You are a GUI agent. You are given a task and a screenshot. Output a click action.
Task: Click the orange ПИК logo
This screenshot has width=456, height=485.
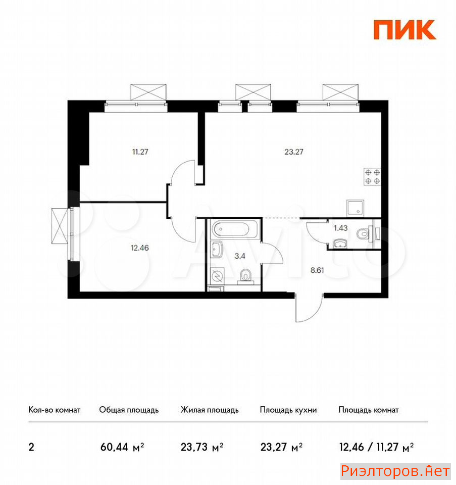(404, 30)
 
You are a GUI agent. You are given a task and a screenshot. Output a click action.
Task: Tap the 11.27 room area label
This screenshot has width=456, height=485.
(140, 152)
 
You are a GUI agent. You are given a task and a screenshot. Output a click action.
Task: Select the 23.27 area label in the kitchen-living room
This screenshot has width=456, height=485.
(294, 152)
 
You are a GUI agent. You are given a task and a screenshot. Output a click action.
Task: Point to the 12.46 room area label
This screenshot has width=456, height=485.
(140, 248)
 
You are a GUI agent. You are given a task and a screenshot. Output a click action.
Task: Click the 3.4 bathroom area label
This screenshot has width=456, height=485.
(240, 256)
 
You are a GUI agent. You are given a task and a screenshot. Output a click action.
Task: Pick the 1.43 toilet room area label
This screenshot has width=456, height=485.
(341, 228)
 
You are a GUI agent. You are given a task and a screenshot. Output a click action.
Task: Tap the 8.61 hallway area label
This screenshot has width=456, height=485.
(317, 270)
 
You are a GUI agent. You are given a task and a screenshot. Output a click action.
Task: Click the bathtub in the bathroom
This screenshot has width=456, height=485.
(234, 229)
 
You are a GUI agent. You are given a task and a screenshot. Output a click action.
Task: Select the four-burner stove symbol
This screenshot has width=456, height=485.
(372, 177)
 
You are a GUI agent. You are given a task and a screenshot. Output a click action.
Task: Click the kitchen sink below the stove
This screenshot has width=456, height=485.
(355, 208)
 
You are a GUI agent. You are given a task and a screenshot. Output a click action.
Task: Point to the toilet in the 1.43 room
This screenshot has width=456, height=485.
(363, 234)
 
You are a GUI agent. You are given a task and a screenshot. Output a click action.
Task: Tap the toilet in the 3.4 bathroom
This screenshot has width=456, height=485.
(246, 276)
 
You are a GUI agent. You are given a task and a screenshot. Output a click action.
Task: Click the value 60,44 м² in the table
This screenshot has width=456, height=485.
(122, 447)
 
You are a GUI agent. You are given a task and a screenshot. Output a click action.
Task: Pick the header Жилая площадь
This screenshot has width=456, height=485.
(210, 410)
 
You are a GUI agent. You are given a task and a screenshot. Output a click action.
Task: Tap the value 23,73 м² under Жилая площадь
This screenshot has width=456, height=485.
(202, 447)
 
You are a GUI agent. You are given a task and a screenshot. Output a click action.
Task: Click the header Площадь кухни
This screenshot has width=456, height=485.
(288, 410)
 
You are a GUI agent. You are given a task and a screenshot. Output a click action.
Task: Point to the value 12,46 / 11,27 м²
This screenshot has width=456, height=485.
(377, 447)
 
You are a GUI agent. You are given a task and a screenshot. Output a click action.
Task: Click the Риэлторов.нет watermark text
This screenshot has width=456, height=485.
(395, 471)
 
